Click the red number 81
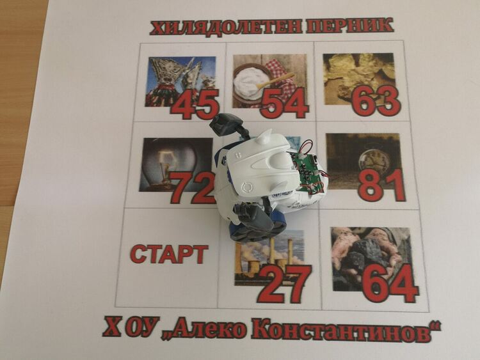[x=381, y=185]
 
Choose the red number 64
[x=390, y=283]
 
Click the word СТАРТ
[x=170, y=254]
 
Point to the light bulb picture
[x=176, y=165]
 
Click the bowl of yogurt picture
[x=269, y=81]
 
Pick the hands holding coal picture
[x=371, y=260]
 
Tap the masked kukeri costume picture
[x=180, y=81]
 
